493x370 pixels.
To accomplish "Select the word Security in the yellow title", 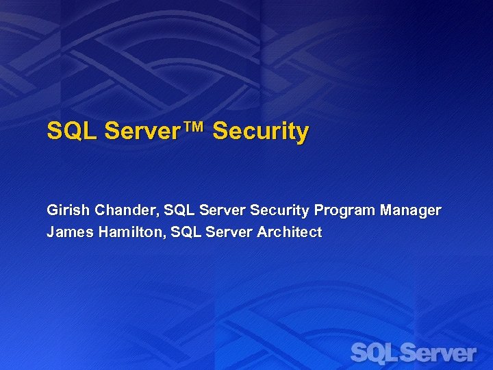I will [261, 131].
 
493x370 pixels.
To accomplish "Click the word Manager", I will [410, 210].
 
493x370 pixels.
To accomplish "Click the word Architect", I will [289, 232].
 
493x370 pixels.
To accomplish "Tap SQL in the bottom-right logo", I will [373, 353].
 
